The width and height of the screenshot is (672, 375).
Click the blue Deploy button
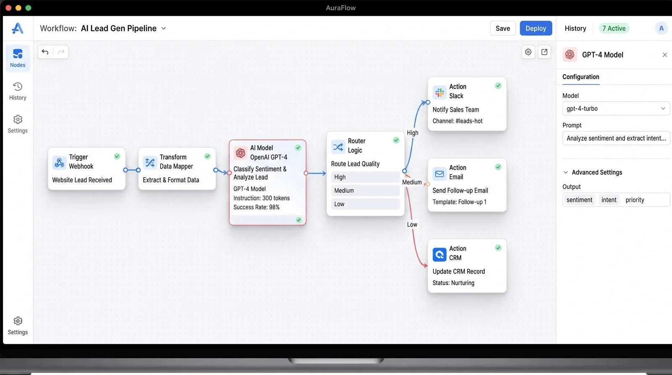[536, 28]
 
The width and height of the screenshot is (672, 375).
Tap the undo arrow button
[45, 52]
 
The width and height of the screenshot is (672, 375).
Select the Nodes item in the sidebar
[18, 58]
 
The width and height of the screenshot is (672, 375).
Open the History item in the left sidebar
[18, 91]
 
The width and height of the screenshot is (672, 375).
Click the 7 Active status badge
[614, 28]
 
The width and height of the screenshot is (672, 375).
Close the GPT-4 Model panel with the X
[665, 55]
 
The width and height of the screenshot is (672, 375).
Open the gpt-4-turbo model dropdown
[616, 108]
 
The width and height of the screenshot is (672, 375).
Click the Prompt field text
[616, 138]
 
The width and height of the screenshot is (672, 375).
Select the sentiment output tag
[579, 200]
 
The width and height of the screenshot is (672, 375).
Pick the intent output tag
[609, 200]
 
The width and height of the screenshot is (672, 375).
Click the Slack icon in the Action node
[439, 92]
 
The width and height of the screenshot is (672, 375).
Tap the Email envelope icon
[439, 174]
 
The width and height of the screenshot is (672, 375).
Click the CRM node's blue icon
[439, 255]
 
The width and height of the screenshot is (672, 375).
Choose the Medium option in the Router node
[365, 191]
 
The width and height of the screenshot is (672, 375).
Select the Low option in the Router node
[365, 204]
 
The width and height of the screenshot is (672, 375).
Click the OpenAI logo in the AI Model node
[240, 153]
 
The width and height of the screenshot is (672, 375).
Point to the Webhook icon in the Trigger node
[59, 163]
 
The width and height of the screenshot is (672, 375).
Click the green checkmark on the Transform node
[207, 156]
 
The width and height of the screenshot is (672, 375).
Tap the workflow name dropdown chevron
[163, 29]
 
